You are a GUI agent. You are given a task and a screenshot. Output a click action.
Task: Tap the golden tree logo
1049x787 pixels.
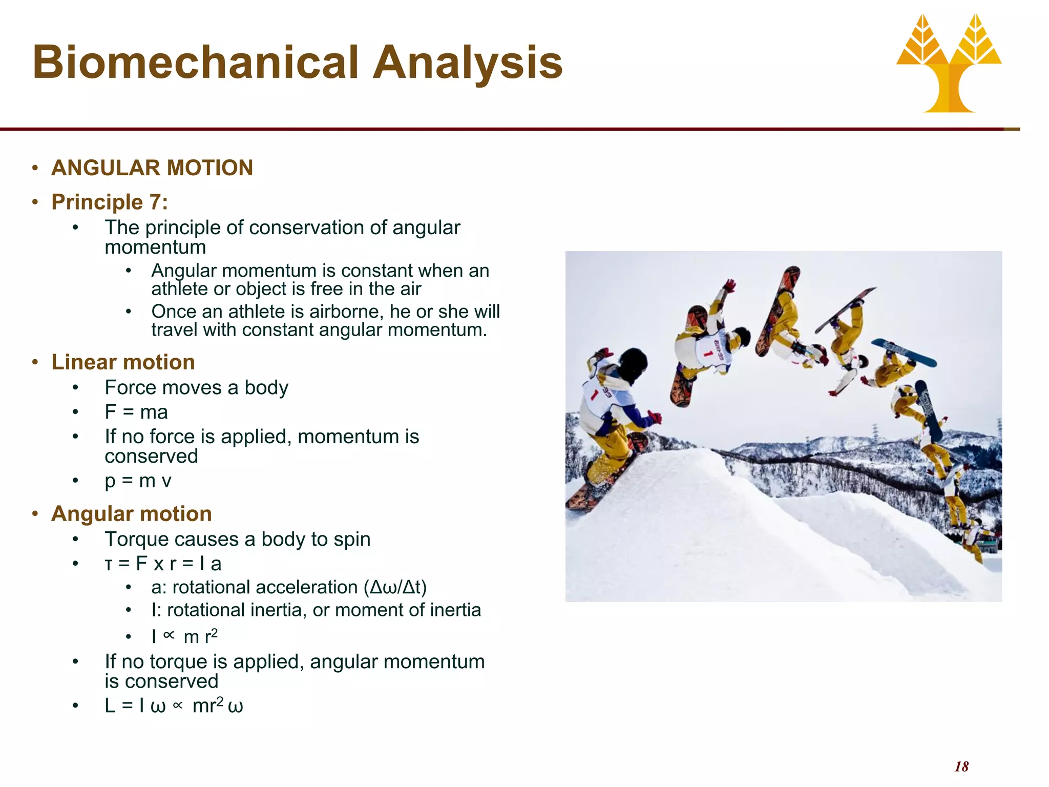pyautogui.click(x=949, y=64)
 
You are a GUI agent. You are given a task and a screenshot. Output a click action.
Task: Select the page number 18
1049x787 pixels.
pyautogui.click(x=961, y=767)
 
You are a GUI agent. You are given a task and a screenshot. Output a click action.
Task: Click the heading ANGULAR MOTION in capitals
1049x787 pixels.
pyautogui.click(x=152, y=168)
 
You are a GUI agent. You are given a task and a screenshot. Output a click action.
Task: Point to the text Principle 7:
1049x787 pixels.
pyautogui.click(x=110, y=202)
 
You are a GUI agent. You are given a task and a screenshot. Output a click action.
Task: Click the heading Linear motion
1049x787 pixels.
pyautogui.click(x=123, y=362)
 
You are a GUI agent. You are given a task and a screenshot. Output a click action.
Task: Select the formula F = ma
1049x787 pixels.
pyautogui.click(x=136, y=412)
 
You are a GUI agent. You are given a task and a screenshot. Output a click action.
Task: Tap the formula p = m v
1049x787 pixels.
pyautogui.click(x=137, y=481)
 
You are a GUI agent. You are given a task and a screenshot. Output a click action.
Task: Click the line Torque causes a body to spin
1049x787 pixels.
pyautogui.click(x=237, y=539)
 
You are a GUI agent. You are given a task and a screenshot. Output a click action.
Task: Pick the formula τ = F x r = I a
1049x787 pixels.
pyautogui.click(x=163, y=564)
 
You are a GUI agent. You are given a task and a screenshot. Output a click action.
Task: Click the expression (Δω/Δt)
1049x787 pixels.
pyautogui.click(x=395, y=587)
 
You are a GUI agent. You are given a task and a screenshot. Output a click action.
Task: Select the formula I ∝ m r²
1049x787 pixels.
pyautogui.click(x=185, y=636)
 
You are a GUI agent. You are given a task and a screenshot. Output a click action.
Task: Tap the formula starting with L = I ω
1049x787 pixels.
pyautogui.click(x=174, y=706)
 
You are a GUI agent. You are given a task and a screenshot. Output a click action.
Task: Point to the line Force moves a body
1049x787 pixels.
pyautogui.click(x=196, y=388)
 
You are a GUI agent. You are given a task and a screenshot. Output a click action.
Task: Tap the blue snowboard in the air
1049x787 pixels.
pyautogui.click(x=905, y=353)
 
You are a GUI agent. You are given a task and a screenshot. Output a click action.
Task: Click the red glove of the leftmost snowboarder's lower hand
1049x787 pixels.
pyautogui.click(x=654, y=418)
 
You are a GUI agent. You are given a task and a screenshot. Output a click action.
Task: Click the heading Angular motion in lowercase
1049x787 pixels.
pyautogui.click(x=132, y=514)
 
